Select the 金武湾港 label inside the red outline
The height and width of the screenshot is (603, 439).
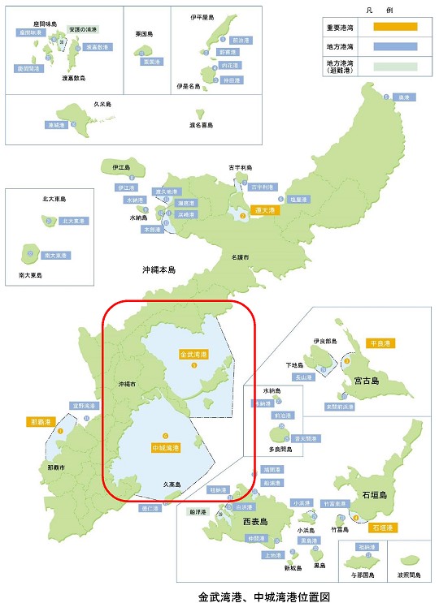tap(193, 355)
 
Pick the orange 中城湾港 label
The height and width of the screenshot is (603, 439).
tap(165, 447)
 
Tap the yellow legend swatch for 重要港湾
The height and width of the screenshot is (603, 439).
tap(393, 27)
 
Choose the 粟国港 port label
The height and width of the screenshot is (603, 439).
tap(149, 61)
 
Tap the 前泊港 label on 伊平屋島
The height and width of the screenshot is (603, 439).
tap(241, 39)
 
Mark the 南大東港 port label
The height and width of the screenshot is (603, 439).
tap(56, 255)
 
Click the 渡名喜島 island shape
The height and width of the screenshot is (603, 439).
tap(200, 111)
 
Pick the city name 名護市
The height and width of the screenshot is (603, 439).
tap(239, 256)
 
